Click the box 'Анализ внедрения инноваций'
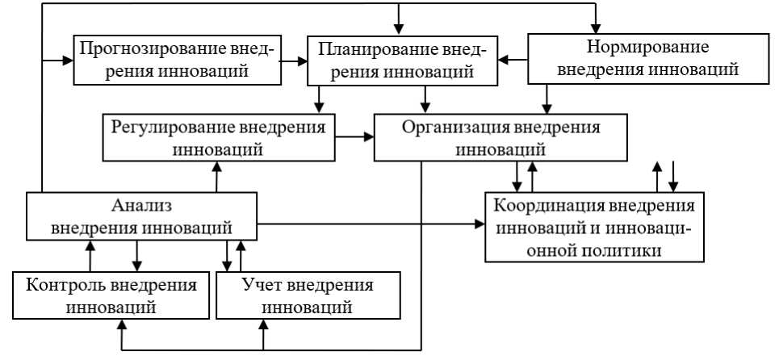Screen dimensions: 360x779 click(142, 216)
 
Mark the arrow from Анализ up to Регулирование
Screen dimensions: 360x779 click(216, 176)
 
